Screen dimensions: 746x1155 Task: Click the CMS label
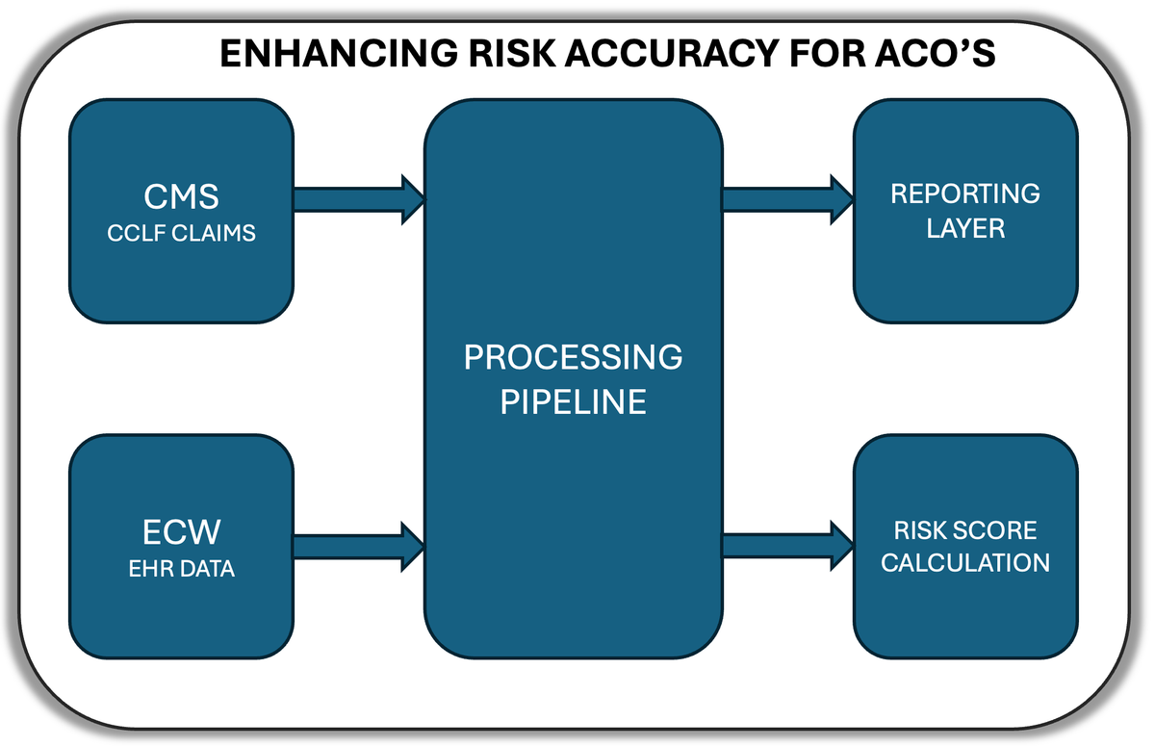click(x=181, y=196)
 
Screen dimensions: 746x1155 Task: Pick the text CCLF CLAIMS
click(x=181, y=233)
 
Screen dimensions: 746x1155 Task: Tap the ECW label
click(x=181, y=532)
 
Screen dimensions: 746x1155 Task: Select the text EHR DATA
click(x=181, y=569)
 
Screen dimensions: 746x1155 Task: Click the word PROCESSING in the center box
click(x=573, y=358)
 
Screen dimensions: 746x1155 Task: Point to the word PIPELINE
click(x=573, y=401)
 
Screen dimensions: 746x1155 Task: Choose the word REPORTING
click(x=965, y=193)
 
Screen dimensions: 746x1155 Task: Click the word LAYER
click(x=965, y=228)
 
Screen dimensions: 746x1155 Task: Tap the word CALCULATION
click(x=965, y=563)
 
